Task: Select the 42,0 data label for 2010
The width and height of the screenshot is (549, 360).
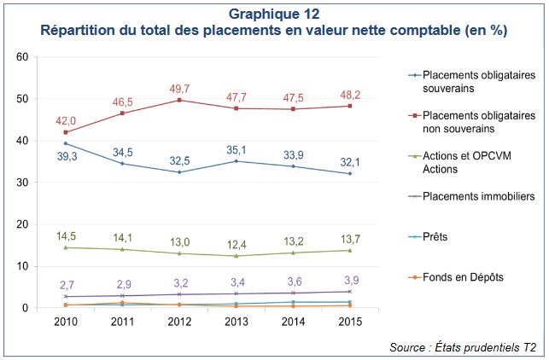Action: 66,121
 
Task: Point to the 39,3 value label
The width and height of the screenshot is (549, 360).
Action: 66,157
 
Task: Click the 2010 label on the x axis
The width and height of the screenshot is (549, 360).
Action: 66,322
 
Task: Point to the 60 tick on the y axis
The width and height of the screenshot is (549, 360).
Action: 24,57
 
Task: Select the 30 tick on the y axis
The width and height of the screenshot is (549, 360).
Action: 24,183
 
